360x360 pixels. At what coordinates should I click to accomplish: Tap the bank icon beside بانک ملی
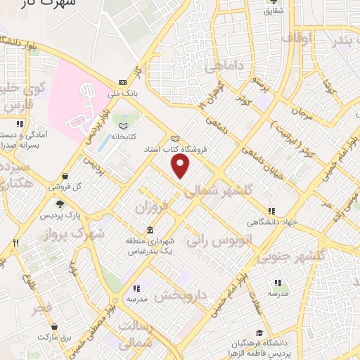pyautogui.click(x=122, y=82)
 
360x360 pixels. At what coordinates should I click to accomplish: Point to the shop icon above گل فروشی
pyautogui.click(x=65, y=176)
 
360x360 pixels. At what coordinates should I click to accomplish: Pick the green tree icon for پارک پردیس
pyautogui.click(x=60, y=204)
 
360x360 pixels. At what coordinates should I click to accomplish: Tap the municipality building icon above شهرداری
pyautogui.click(x=150, y=231)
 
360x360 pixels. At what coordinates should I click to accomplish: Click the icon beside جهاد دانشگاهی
pyautogui.click(x=271, y=211)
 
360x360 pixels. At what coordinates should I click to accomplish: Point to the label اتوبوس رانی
pyautogui.click(x=218, y=240)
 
